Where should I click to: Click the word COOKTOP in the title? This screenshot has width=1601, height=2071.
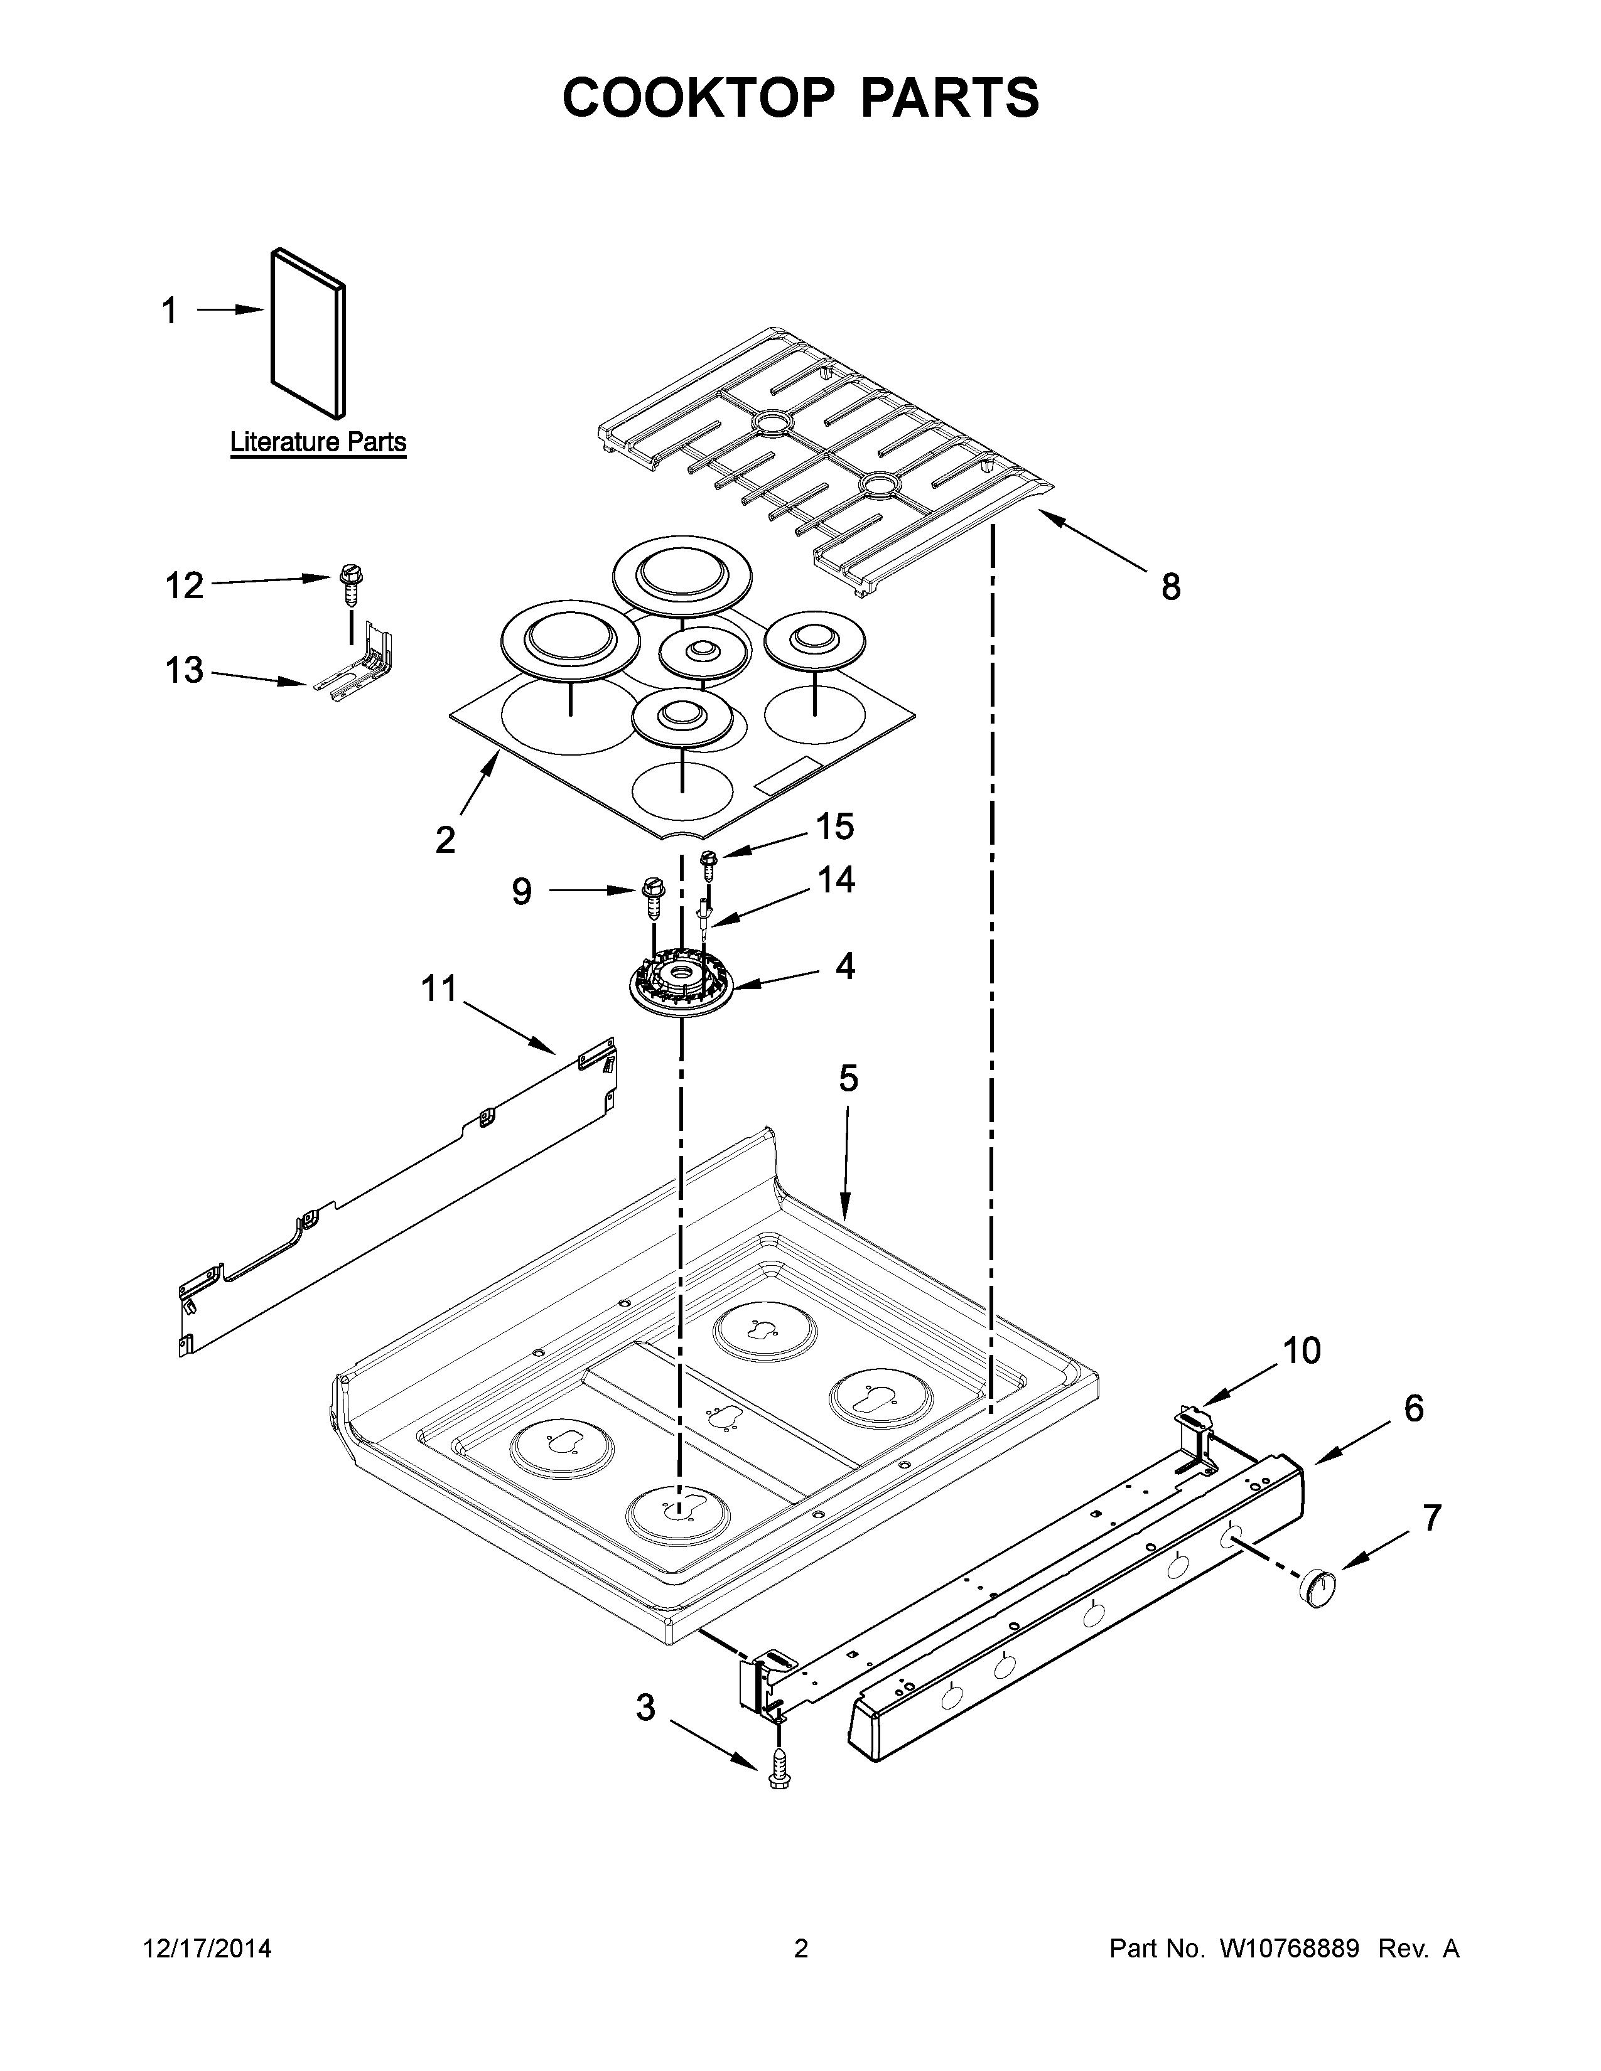[699, 98]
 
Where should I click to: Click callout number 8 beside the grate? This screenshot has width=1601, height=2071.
[1172, 588]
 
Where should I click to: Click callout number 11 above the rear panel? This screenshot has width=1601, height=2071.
[439, 989]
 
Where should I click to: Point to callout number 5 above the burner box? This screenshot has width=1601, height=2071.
[848, 1078]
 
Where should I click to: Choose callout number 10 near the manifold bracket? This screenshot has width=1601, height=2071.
[1302, 1351]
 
